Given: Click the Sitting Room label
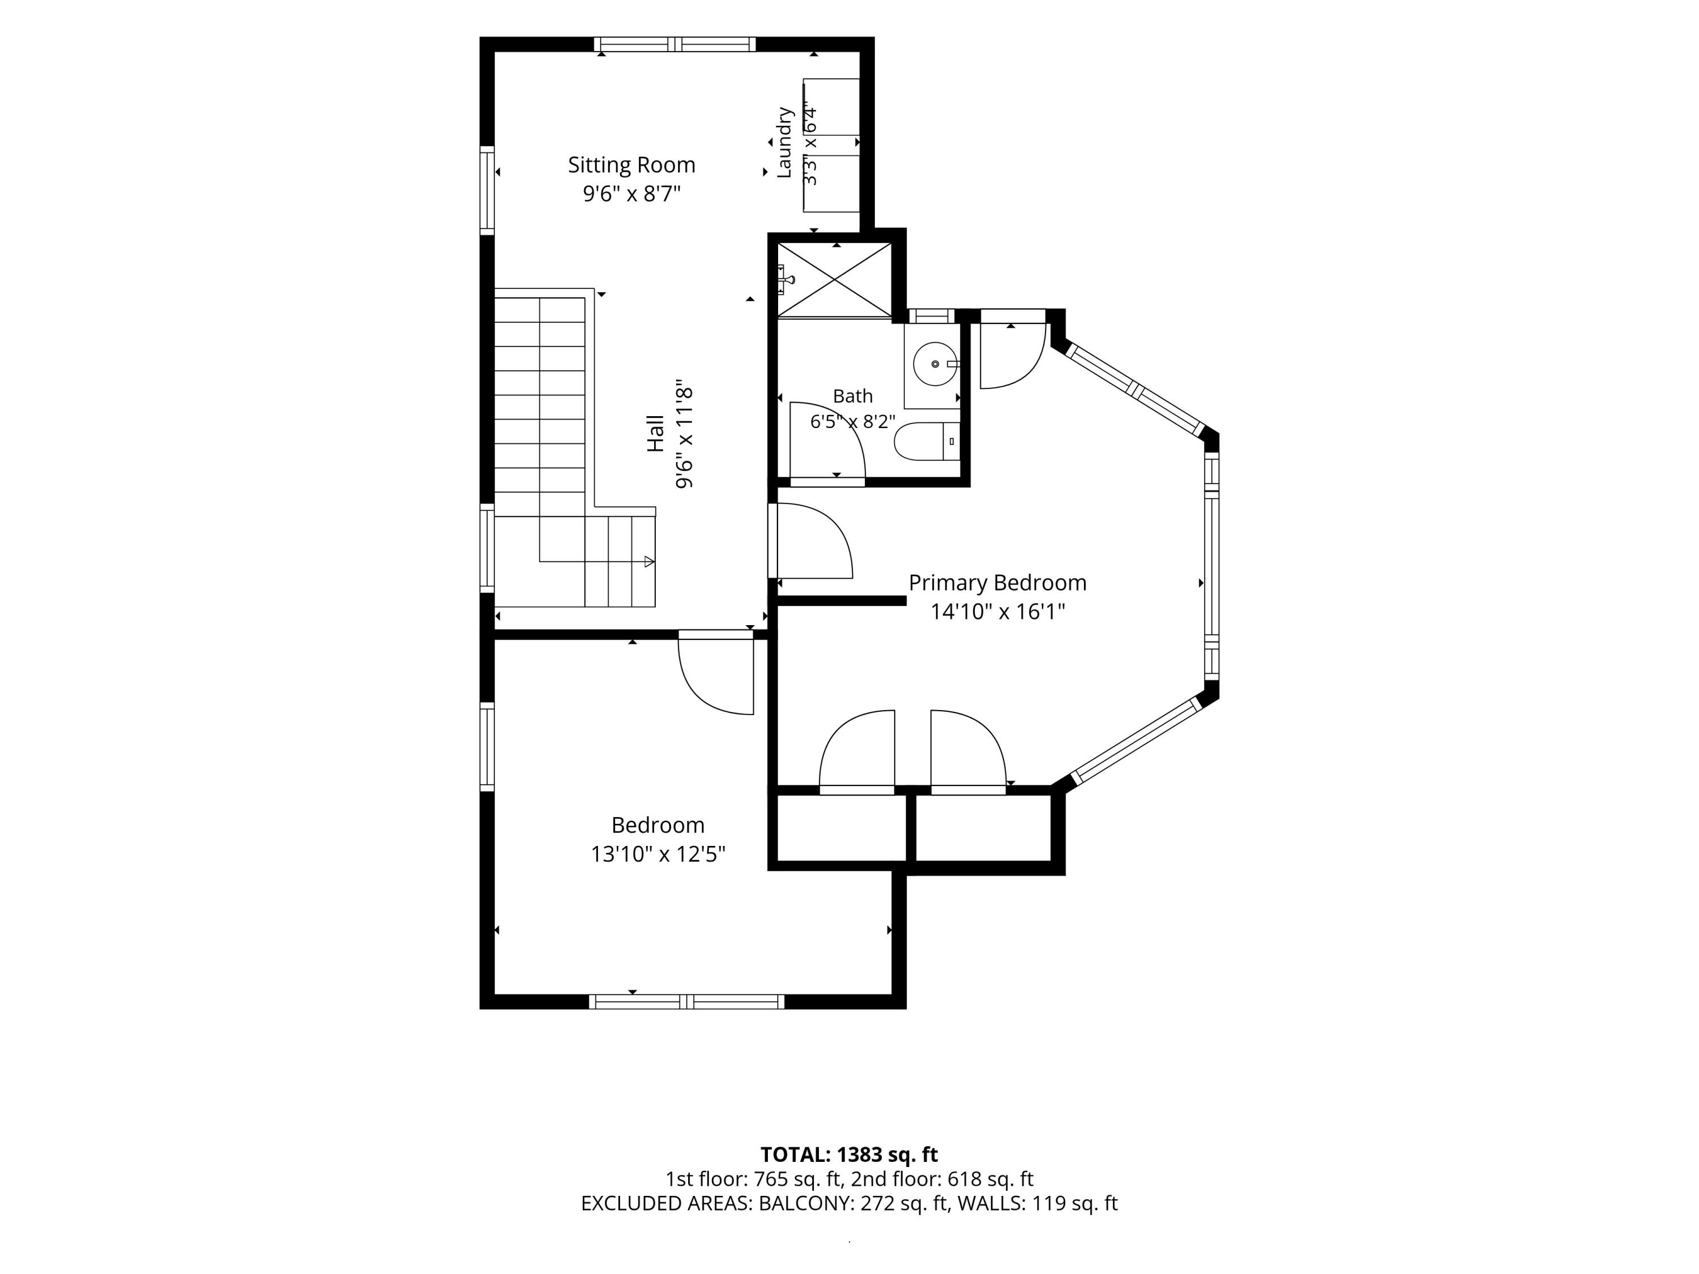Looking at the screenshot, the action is point(631,165).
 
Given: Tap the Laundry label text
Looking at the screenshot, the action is point(784,143).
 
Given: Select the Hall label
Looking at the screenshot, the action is point(655,433).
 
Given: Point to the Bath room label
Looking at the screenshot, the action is point(852,396).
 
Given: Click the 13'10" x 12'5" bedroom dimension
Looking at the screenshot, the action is point(658,854).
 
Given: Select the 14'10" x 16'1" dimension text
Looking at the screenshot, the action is point(998,612).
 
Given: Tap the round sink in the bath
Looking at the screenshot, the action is point(936,364).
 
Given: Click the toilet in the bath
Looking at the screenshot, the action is point(927,442).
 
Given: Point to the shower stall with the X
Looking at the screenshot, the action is point(834,280).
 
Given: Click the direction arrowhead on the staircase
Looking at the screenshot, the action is point(649,561).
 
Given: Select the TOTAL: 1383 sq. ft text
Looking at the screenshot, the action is point(849,1154).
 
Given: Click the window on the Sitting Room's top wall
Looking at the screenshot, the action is point(675,45).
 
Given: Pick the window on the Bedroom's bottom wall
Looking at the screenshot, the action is point(686,1002).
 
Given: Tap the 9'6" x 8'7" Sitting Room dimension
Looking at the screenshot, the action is point(631,194).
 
